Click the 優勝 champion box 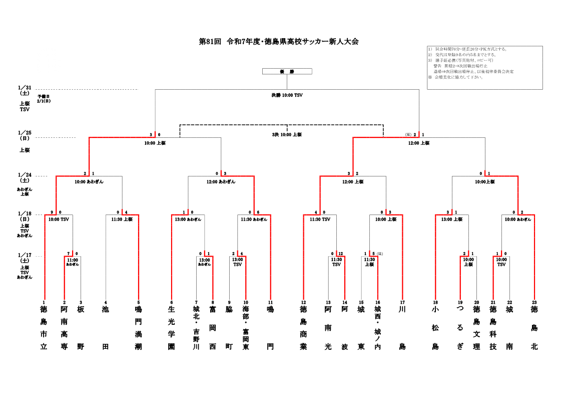[x=287, y=71]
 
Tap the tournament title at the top [x=279, y=42]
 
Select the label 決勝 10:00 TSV [x=287, y=95]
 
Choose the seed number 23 [x=534, y=302]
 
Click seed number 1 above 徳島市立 [x=44, y=302]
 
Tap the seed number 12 [x=303, y=302]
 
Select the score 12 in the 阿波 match [x=341, y=253]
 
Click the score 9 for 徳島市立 [x=52, y=212]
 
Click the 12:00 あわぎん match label [x=221, y=181]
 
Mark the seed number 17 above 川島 [x=402, y=302]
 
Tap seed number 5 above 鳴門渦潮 [x=139, y=302]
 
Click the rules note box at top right [x=484, y=68]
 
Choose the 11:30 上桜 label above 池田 [x=122, y=219]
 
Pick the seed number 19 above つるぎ [x=460, y=302]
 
